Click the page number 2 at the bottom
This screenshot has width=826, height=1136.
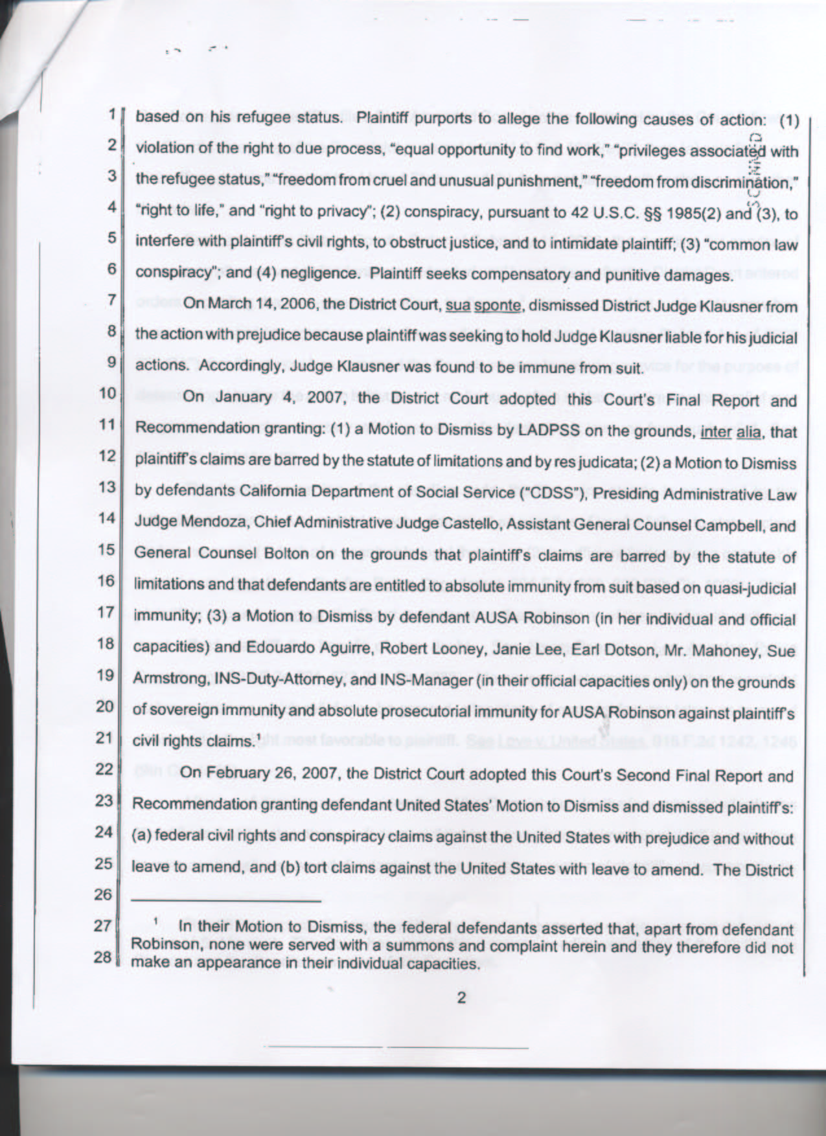click(461, 997)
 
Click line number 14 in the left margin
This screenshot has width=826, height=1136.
click(106, 519)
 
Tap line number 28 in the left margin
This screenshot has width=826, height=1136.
click(104, 957)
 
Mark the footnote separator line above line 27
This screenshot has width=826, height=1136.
click(227, 900)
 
